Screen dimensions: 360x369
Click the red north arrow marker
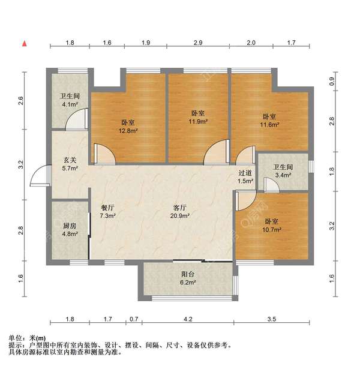click(24, 44)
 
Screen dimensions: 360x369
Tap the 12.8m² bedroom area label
click(128, 131)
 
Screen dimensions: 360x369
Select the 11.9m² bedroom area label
click(198, 121)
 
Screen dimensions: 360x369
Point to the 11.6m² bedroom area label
click(269, 124)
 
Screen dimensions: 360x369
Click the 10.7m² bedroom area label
click(272, 229)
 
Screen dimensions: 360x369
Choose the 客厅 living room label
click(180, 208)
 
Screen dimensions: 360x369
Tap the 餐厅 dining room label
click(107, 208)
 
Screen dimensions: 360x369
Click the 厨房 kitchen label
click(70, 226)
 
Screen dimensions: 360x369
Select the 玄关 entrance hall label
click(70, 160)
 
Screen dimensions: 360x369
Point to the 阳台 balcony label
click(188, 274)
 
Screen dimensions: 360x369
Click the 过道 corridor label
click(245, 173)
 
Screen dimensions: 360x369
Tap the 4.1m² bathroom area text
click(70, 104)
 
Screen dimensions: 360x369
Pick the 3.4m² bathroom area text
click(283, 175)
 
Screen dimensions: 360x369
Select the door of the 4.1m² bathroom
click(76, 119)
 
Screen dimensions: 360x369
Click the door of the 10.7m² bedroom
click(245, 200)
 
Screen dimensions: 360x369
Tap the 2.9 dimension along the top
click(198, 43)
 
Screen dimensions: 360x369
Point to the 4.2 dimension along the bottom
click(188, 319)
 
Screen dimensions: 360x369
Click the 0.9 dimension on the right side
click(332, 82)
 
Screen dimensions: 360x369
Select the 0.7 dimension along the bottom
click(134, 319)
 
